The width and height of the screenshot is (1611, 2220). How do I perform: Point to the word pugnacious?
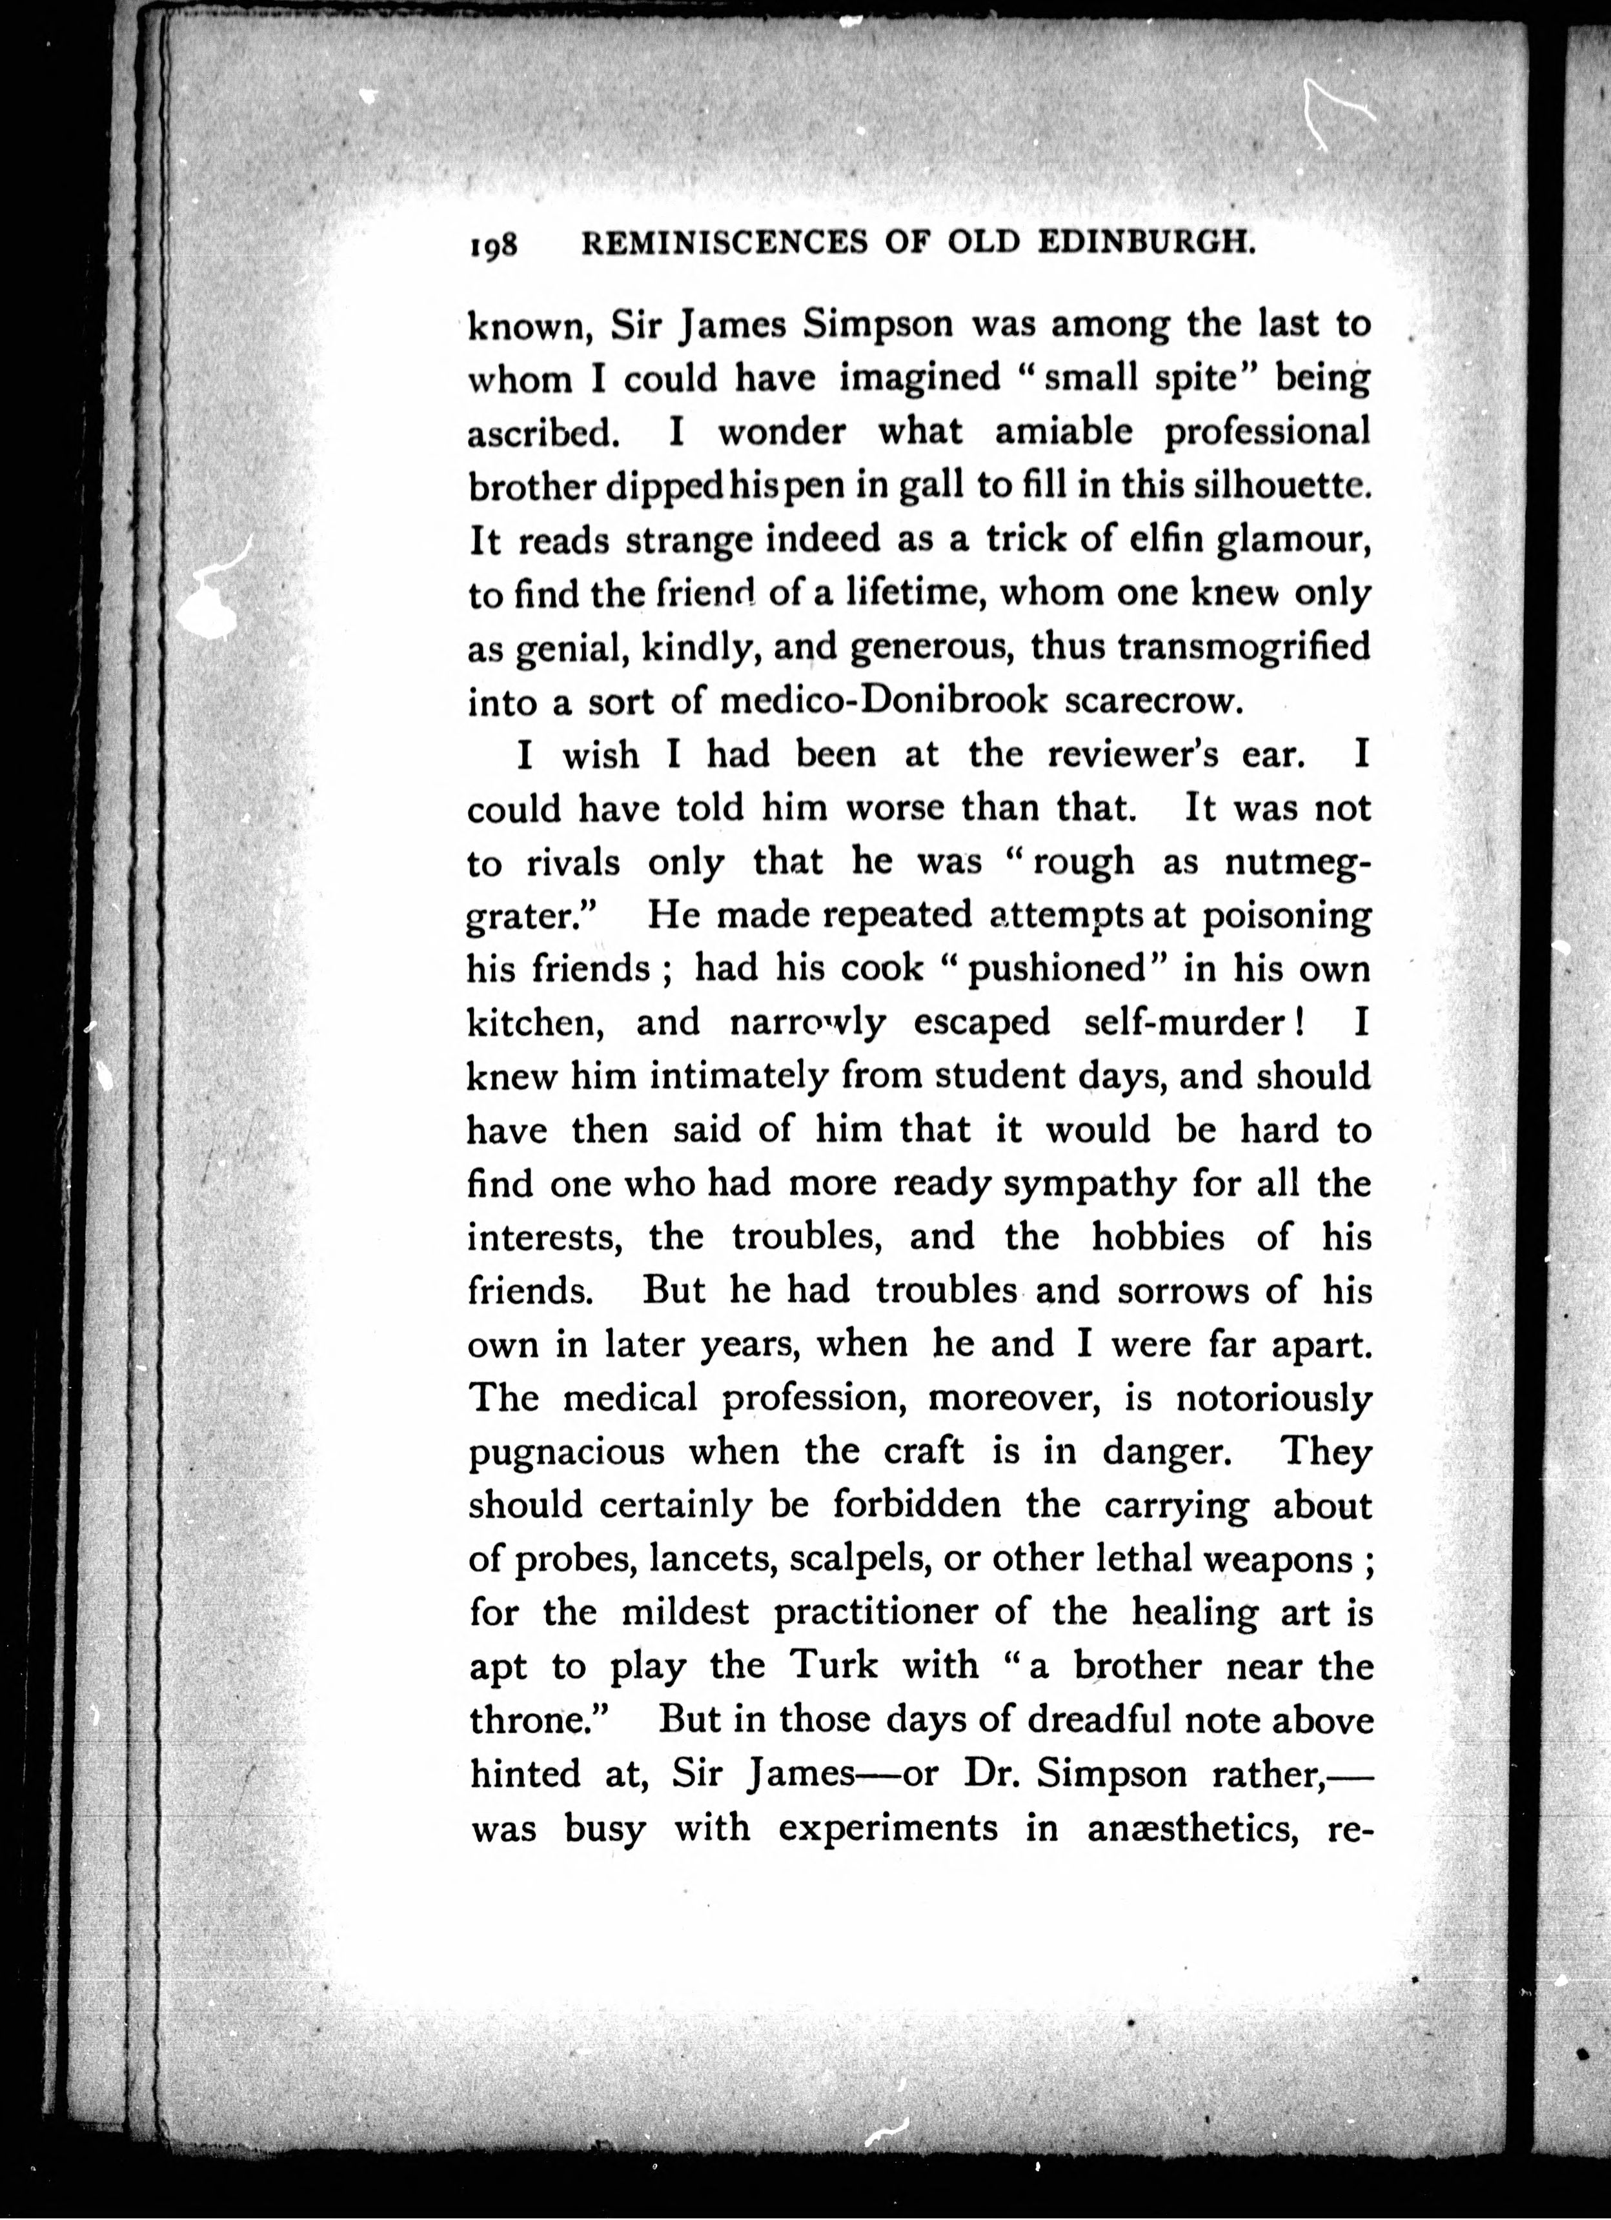(567, 1451)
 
